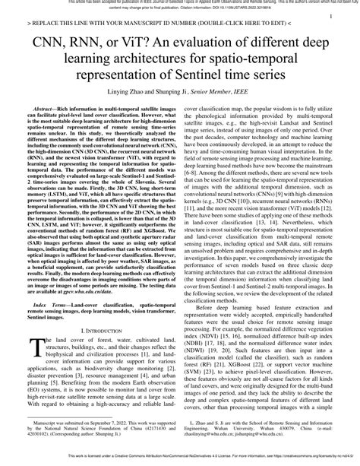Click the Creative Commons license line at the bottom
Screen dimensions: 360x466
[x=180, y=461]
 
